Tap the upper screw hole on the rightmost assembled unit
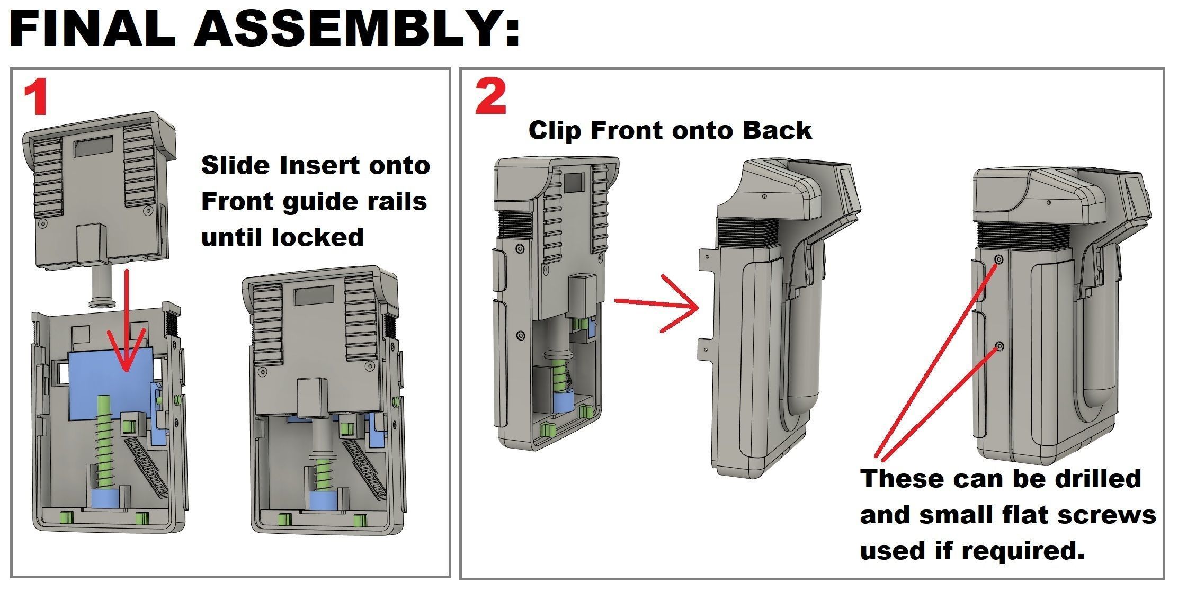(x=999, y=259)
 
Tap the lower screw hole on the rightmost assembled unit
(x=999, y=346)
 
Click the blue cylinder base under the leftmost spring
(x=106, y=499)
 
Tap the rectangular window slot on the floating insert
(x=94, y=146)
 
